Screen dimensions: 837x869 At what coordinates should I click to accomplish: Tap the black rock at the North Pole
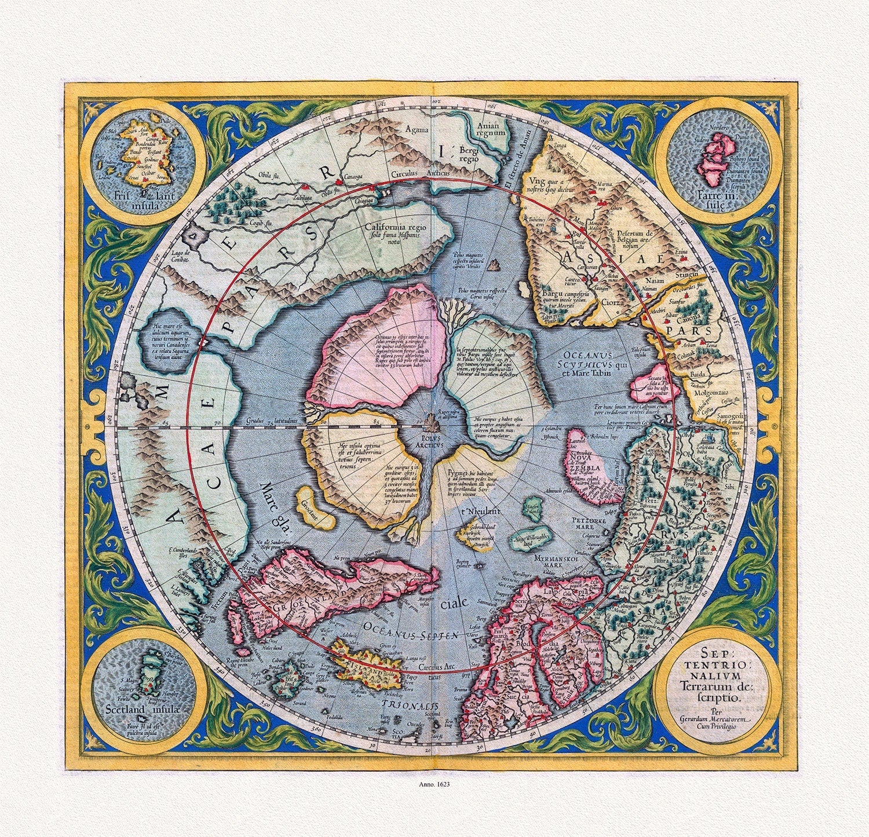430,422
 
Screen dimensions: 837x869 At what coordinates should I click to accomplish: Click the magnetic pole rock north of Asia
494,266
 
